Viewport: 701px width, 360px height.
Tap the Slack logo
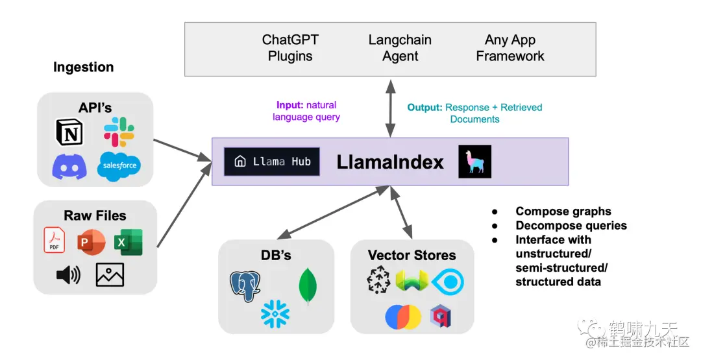(119, 132)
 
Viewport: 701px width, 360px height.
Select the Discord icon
(69, 166)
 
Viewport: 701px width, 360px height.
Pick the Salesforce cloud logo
(119, 165)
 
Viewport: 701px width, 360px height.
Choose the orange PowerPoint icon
(90, 242)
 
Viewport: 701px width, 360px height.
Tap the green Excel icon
(128, 242)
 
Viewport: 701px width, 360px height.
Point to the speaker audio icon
(68, 275)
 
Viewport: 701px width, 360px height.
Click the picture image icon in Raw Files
(110, 275)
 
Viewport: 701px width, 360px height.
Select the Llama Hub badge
(271, 162)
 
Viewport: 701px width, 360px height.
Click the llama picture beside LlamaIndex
(474, 162)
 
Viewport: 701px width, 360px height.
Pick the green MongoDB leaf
(308, 286)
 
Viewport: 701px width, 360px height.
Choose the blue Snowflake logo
(275, 314)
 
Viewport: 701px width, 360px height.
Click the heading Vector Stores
(412, 255)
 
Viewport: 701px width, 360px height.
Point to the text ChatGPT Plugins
(290, 48)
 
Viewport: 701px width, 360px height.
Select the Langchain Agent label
(400, 48)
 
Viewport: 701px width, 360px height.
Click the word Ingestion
(83, 67)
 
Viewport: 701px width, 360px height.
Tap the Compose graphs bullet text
(563, 211)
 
